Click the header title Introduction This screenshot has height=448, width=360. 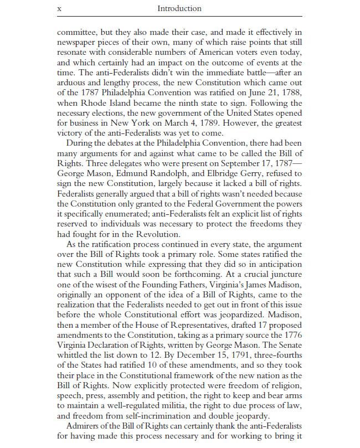tap(179, 9)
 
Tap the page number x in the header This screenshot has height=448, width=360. tap(59, 9)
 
